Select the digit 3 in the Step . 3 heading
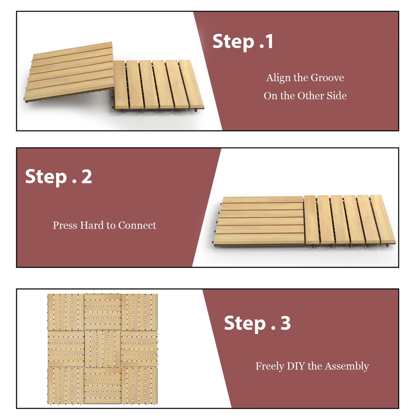pyautogui.click(x=285, y=323)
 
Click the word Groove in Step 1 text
pyautogui.click(x=327, y=78)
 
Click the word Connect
pyautogui.click(x=137, y=225)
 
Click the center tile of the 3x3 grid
pyautogui.click(x=103, y=349)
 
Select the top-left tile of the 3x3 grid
pyautogui.click(x=66, y=312)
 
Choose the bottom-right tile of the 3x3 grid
pyautogui.click(x=139, y=386)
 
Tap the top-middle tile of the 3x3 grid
pyautogui.click(x=103, y=312)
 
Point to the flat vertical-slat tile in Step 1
pyautogui.click(x=157, y=85)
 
